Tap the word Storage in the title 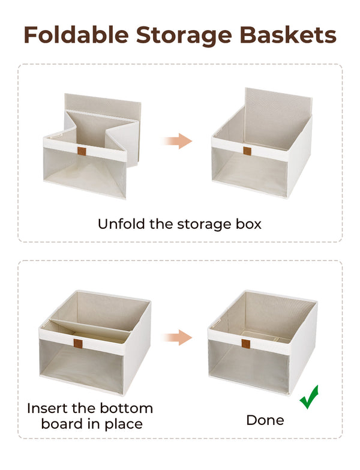(x=190, y=35)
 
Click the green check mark (x=310, y=397)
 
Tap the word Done (x=265, y=420)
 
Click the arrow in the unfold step (x=178, y=141)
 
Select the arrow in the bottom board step (x=178, y=337)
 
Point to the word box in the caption (x=247, y=224)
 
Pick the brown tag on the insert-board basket (x=78, y=345)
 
